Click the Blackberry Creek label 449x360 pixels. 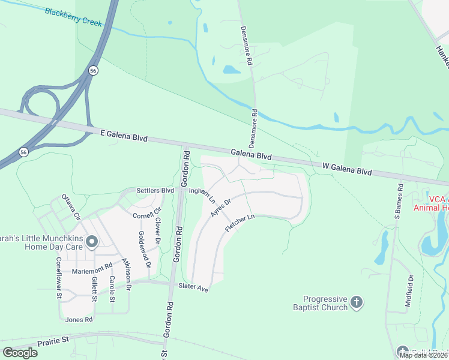click(x=74, y=17)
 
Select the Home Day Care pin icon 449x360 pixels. click(x=92, y=242)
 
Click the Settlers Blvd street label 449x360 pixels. click(x=155, y=191)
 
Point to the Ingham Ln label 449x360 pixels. click(x=202, y=196)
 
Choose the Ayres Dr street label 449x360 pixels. click(x=220, y=208)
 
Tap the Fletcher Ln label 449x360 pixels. click(x=240, y=223)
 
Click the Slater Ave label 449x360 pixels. click(x=193, y=287)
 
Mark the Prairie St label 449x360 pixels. click(x=53, y=340)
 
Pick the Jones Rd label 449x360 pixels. click(x=79, y=320)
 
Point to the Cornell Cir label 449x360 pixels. click(x=148, y=214)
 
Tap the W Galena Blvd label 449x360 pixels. click(x=347, y=168)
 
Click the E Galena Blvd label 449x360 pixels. click(x=124, y=137)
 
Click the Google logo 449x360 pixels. click(x=20, y=352)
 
